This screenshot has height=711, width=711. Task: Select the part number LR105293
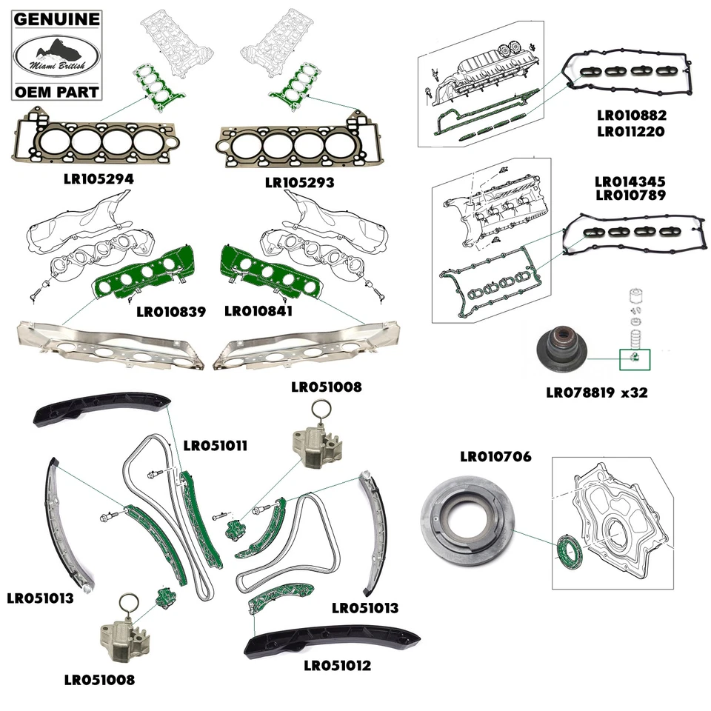click(300, 181)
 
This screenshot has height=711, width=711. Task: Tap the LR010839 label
click(171, 312)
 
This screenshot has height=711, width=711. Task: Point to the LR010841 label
click(258, 312)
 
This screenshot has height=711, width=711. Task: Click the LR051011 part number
click(215, 445)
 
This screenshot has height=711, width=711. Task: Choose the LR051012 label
click(338, 665)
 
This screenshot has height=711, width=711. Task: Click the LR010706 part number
click(495, 457)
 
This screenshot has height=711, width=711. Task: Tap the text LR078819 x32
click(596, 393)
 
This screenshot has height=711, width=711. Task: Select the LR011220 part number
click(630, 132)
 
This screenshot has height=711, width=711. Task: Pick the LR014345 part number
click(630, 181)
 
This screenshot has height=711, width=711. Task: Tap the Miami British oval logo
click(56, 56)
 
